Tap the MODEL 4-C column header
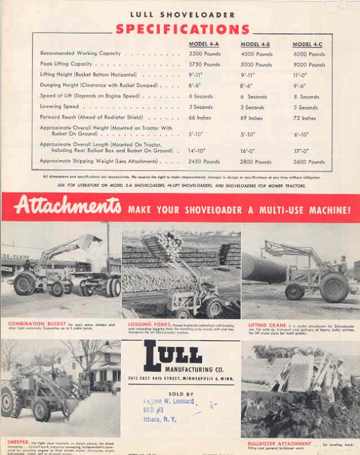308,43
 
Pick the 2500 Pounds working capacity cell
204,54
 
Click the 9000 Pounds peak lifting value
309,65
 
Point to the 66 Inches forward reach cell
200,118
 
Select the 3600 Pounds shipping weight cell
309,162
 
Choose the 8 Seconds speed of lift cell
309,97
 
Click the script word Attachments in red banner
68,207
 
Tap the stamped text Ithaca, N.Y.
161,420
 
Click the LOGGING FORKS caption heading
144,324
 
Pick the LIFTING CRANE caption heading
265,324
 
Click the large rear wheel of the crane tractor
335,288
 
